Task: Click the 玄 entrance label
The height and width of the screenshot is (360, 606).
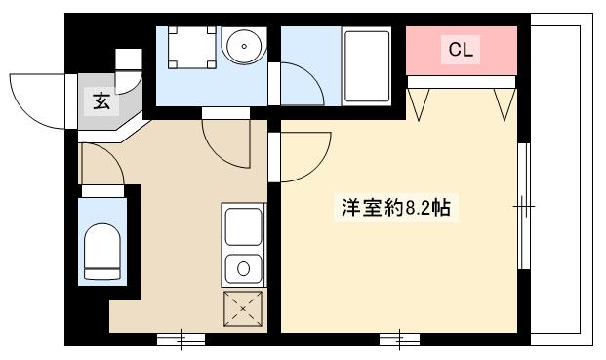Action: [x=101, y=99]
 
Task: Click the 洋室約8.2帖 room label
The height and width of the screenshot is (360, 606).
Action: [x=396, y=208]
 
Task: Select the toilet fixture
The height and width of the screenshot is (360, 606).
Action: [x=101, y=249]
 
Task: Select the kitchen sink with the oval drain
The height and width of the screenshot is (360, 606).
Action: [x=243, y=266]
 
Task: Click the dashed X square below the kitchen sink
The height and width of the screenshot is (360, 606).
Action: [x=243, y=309]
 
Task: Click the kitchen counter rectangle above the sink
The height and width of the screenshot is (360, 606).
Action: [x=243, y=226]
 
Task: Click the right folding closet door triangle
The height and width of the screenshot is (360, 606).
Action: [x=505, y=103]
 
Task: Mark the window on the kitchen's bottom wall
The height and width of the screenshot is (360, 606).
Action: [x=181, y=340]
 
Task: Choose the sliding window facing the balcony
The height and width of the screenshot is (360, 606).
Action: [x=525, y=206]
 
